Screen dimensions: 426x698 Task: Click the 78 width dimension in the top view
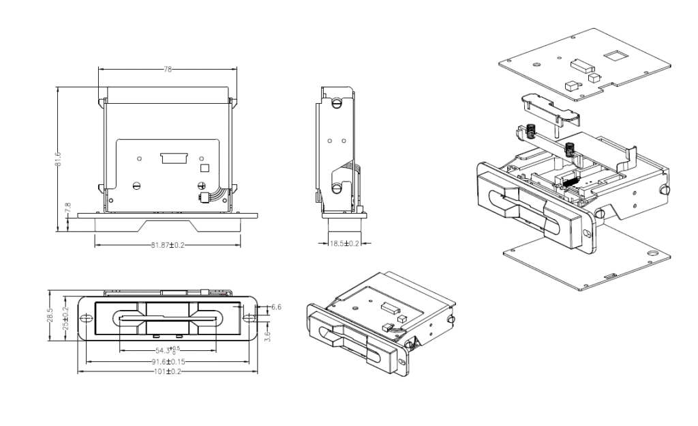point(168,70)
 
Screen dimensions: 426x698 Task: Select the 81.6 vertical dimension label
point(59,158)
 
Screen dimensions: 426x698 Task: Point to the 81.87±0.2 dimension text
point(168,244)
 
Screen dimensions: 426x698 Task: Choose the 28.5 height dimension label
point(50,319)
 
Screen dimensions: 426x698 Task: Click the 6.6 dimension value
point(276,308)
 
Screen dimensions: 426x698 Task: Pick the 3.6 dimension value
point(268,335)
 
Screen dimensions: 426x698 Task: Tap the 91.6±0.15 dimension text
point(168,361)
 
